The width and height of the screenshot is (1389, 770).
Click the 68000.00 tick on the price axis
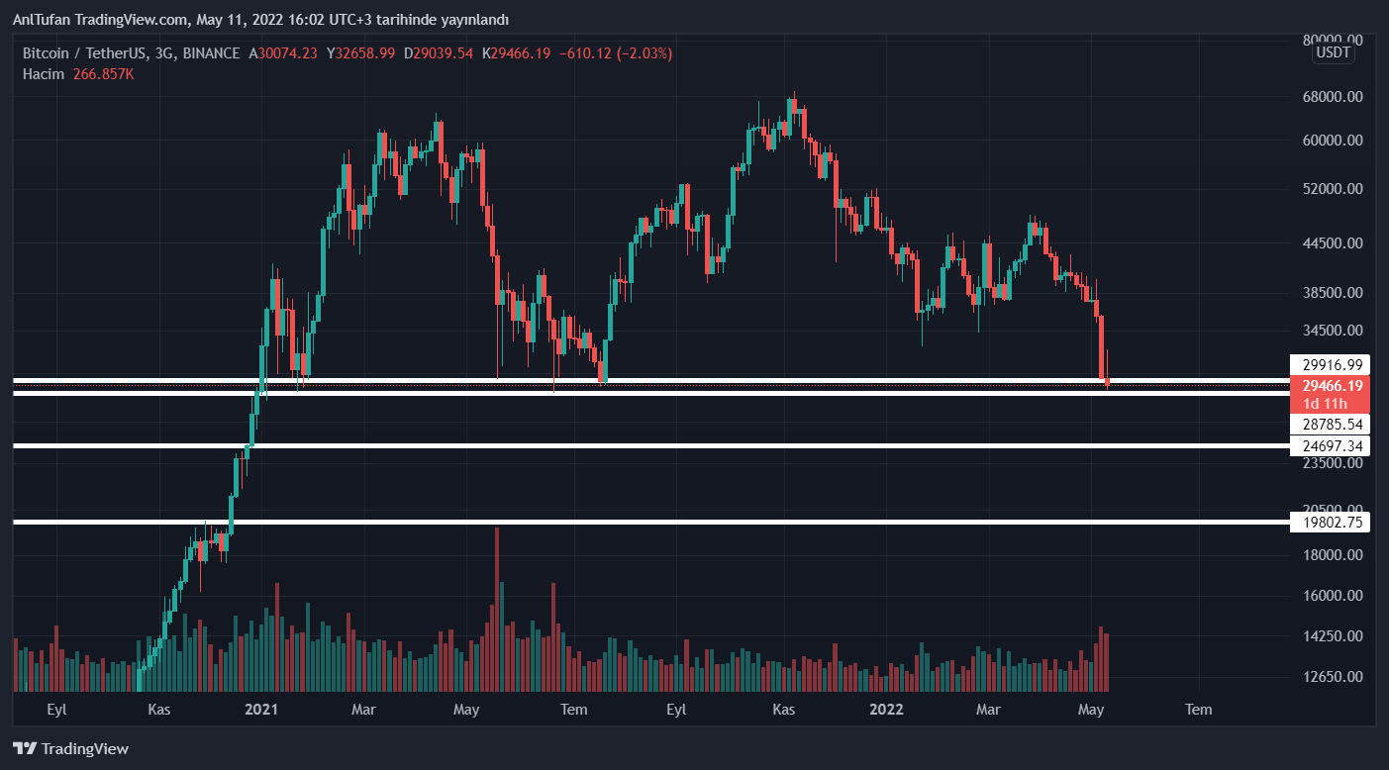pos(1332,97)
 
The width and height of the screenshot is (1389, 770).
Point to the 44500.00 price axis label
pos(1332,243)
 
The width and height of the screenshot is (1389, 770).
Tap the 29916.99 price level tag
pos(1330,364)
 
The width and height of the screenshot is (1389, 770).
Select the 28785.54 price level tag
pos(1330,425)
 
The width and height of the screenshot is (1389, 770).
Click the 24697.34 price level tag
pos(1330,446)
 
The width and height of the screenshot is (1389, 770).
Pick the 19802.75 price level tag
pos(1330,523)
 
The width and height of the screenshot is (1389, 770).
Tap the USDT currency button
pos(1333,52)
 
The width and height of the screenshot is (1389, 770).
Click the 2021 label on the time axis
pos(261,709)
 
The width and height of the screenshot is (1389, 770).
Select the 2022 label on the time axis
pos(885,709)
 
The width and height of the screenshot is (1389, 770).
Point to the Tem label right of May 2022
pos(1198,709)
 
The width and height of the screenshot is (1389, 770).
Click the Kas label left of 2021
pos(159,709)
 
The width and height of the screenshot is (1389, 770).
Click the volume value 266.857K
pos(103,74)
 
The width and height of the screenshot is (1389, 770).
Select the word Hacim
pos(44,74)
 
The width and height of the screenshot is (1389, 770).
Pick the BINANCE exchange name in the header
pos(212,53)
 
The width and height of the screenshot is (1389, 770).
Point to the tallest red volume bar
pos(496,609)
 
